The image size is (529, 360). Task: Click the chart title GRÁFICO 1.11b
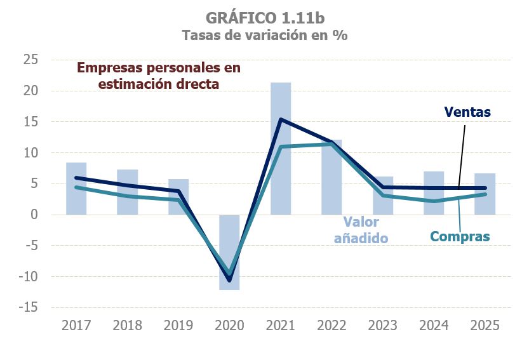point(264,17)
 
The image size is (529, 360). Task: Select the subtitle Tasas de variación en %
point(264,36)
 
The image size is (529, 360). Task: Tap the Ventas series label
point(467,112)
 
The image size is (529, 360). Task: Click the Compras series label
point(460,237)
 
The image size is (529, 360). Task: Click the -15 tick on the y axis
point(29,307)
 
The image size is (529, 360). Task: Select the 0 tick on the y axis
point(36,215)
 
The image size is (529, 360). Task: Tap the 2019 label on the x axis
point(178,326)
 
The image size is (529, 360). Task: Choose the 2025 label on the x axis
point(485,326)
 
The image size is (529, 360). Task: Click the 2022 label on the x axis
point(331,326)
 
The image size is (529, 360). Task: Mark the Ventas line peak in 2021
point(281,119)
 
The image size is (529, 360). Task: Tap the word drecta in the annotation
point(198,83)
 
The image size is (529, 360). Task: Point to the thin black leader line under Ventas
point(462,156)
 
